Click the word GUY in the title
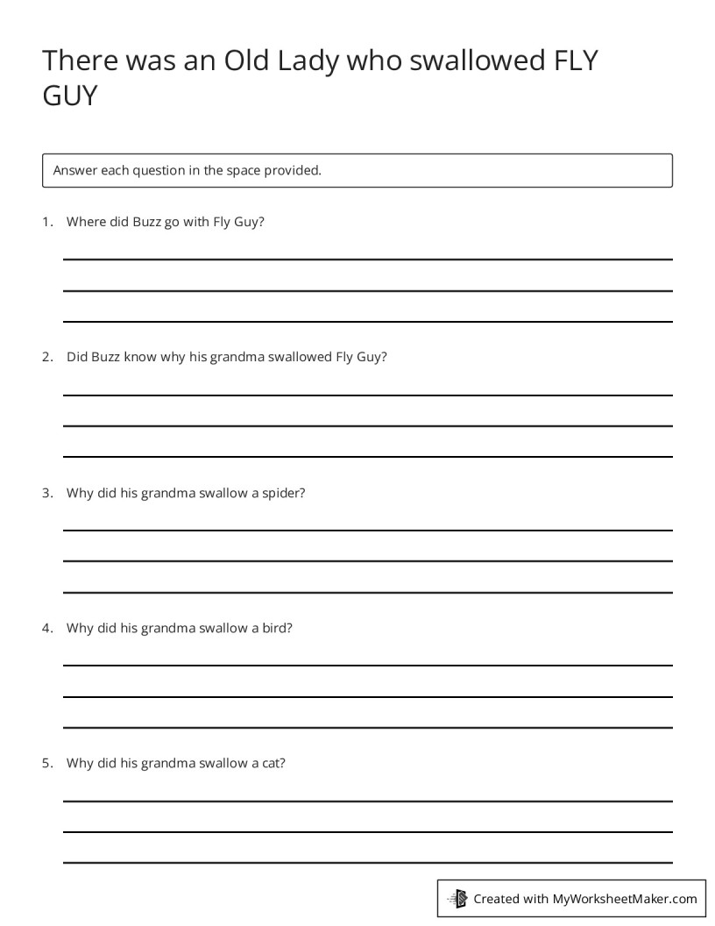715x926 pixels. pos(70,96)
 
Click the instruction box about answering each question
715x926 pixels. pos(357,170)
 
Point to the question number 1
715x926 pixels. pos(47,222)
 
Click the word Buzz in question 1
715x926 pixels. pos(146,222)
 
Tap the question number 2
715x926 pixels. pos(47,357)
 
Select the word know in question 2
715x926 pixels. pos(140,357)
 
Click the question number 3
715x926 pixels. pos(47,493)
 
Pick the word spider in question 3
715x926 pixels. pos(283,493)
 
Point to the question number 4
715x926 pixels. pos(47,628)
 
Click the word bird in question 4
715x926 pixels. pos(277,628)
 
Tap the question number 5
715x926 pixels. pos(47,763)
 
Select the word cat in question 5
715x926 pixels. pos(273,763)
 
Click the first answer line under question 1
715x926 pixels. pos(368,260)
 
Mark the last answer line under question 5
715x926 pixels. pos(368,863)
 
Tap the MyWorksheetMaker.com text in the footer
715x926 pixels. pos(625,899)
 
